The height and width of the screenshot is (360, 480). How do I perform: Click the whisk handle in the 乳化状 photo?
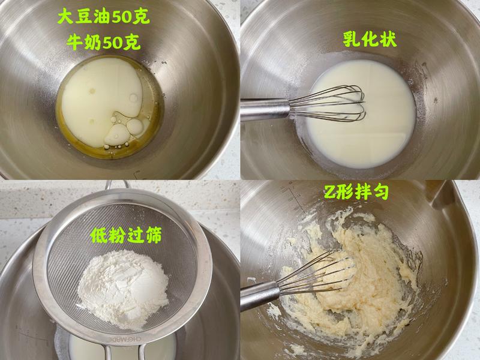(264, 110)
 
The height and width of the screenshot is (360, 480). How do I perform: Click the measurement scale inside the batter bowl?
(292, 195)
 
